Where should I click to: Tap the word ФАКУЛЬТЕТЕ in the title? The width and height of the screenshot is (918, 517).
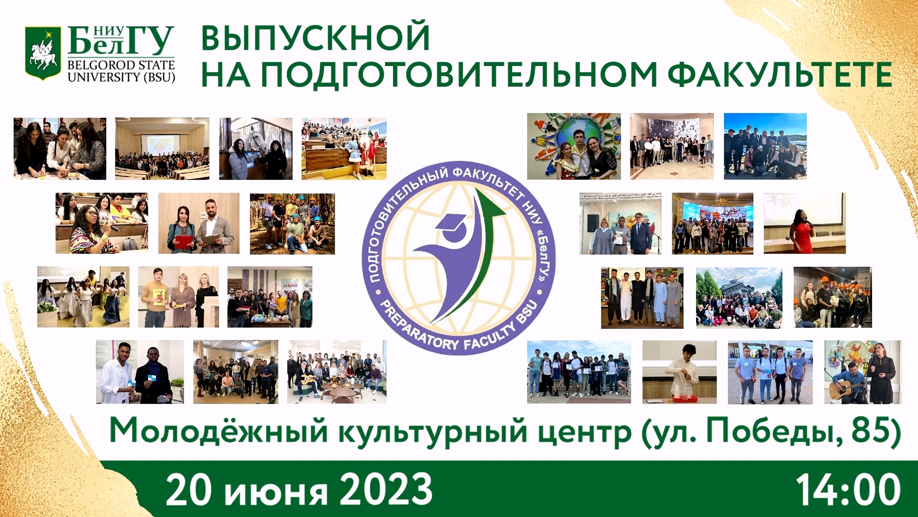(779, 75)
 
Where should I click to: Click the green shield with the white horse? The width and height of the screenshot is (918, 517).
(43, 53)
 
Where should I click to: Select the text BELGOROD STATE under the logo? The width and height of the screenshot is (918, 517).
(121, 65)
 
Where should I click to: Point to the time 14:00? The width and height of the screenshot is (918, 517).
(848, 490)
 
